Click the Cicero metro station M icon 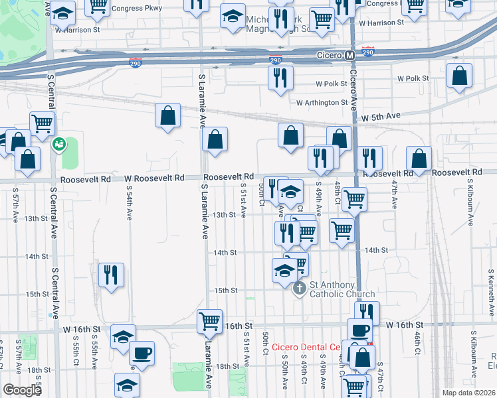(x=349, y=55)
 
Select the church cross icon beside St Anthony (x=299, y=288)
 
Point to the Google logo (x=22, y=390)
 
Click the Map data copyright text (x=469, y=393)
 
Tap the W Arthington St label (x=322, y=103)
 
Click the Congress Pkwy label (x=137, y=9)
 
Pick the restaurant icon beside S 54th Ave (x=110, y=275)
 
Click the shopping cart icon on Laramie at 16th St (x=210, y=322)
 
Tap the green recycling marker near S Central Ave (x=58, y=143)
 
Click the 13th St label (x=224, y=215)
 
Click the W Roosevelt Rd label (x=153, y=178)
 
